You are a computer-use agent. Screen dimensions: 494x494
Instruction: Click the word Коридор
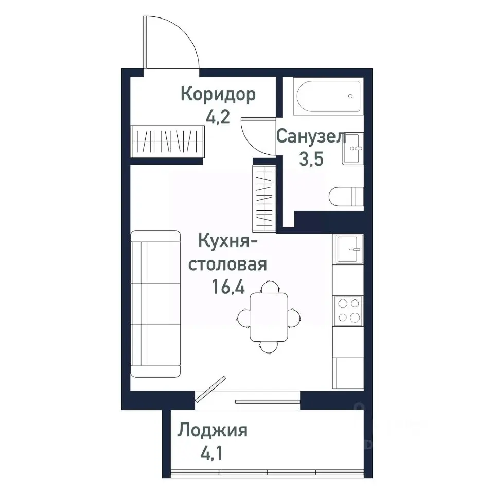coord(218,95)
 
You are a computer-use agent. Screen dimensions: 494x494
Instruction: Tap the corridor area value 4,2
coord(217,117)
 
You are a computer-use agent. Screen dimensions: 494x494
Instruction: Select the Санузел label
coord(311,137)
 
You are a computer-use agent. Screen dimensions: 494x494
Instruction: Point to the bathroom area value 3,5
coord(311,159)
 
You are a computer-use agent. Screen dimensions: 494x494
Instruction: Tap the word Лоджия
coord(213,431)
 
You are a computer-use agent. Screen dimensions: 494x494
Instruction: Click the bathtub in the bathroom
coord(328,97)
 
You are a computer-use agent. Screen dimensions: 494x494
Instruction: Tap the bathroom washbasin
coord(353,149)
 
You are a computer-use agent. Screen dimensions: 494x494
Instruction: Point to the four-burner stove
coord(348,310)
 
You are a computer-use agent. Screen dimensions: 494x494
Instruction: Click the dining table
coord(269,316)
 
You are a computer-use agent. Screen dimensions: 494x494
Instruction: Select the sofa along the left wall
coord(156,304)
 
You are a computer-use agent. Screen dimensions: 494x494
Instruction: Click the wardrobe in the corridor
coord(168,141)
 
